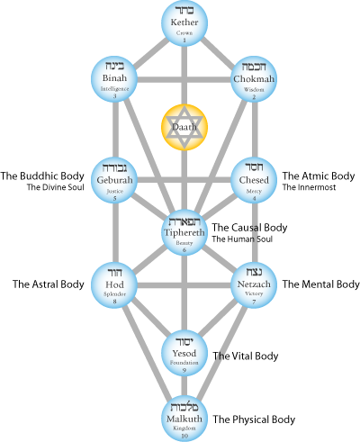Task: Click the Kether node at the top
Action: pos(184,23)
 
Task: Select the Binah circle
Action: pos(115,78)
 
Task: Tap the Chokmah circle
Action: pos(254,78)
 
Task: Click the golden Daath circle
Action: pos(184,128)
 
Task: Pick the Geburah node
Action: pos(115,180)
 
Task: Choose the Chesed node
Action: pos(254,180)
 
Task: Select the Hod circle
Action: pos(115,284)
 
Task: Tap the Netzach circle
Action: pos(254,284)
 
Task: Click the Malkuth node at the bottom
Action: pos(184,419)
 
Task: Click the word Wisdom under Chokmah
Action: pos(254,90)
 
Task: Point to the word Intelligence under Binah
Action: pos(115,89)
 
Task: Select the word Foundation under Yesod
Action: pos(184,364)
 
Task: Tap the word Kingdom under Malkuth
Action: pos(184,429)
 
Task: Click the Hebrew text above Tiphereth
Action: pos(184,221)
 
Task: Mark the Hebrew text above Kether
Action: pos(184,11)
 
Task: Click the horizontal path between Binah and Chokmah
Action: pos(184,78)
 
